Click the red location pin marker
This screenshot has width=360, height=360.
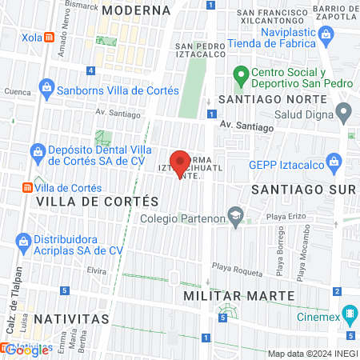pyautogui.click(x=181, y=162)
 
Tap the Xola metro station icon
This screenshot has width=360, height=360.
pyautogui.click(x=50, y=37)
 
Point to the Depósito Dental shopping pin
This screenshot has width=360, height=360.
pyautogui.click(x=38, y=150)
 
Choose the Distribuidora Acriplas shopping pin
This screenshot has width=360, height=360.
pyautogui.click(x=23, y=240)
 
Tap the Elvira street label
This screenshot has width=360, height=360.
pyautogui.click(x=97, y=270)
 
